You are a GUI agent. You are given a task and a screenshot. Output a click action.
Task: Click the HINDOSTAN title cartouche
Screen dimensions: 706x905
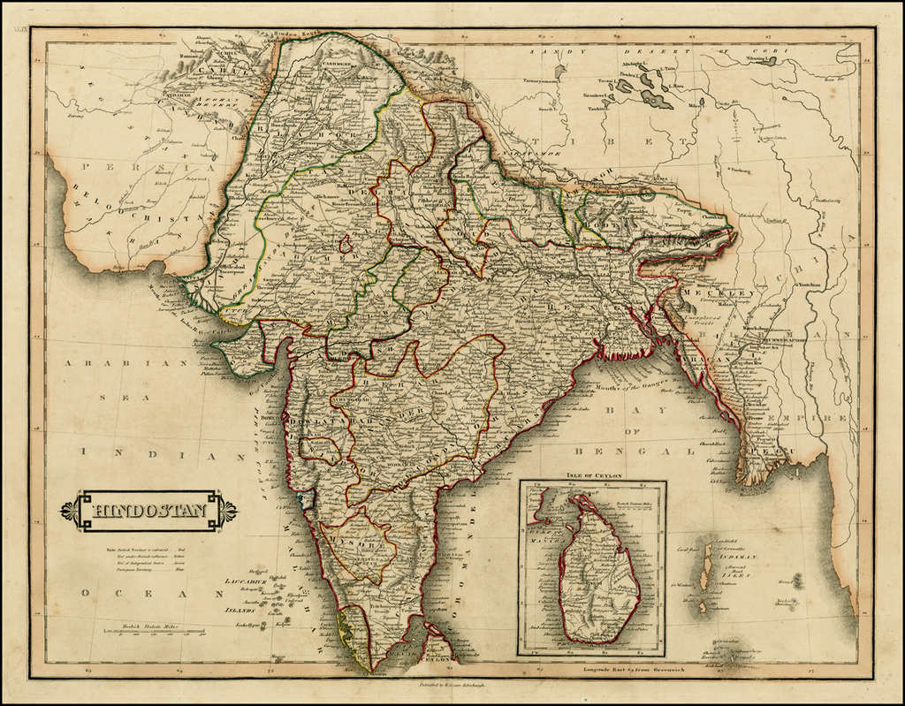click(x=148, y=511)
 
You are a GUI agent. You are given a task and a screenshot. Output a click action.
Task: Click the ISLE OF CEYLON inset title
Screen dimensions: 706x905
click(x=591, y=476)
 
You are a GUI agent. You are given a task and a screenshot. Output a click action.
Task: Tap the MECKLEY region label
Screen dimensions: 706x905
click(x=729, y=292)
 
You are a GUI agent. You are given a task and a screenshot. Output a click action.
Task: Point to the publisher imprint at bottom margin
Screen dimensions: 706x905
click(x=452, y=685)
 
